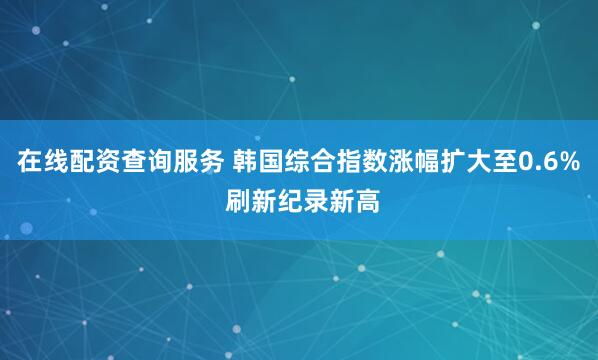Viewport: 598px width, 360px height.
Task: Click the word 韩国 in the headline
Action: click(257, 160)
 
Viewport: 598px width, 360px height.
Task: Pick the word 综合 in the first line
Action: click(309, 160)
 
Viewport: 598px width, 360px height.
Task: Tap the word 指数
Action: click(361, 160)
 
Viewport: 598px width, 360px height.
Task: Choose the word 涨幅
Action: click(413, 160)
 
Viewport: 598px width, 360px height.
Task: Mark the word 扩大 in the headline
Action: click(465, 160)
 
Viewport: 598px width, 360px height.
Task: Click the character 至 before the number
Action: click(504, 160)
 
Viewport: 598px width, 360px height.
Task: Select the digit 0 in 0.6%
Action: click(525, 160)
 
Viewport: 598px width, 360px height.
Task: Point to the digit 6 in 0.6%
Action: click(549, 160)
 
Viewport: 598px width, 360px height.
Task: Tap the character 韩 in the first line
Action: click(244, 160)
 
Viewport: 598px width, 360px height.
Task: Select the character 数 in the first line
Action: click(374, 160)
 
